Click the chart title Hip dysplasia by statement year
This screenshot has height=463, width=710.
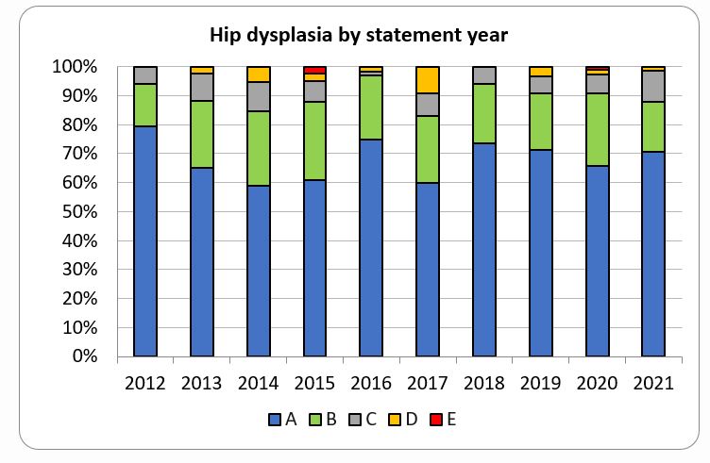pyautogui.click(x=359, y=37)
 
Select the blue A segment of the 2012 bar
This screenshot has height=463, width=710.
pyautogui.click(x=144, y=240)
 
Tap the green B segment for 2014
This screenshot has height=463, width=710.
pyautogui.click(x=258, y=148)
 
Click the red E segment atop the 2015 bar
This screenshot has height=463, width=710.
pyautogui.click(x=314, y=70)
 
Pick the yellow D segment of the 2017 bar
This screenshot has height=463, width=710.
pyautogui.click(x=427, y=80)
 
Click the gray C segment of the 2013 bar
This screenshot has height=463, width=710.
pyautogui.click(x=201, y=87)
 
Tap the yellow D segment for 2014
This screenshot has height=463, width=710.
pyautogui.click(x=258, y=74)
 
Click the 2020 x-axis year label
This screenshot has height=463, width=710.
pyautogui.click(x=596, y=383)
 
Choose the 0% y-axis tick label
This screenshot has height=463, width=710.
pyautogui.click(x=85, y=357)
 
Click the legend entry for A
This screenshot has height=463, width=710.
pyautogui.click(x=283, y=420)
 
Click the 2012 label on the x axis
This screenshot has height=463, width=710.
pyautogui.click(x=144, y=383)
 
